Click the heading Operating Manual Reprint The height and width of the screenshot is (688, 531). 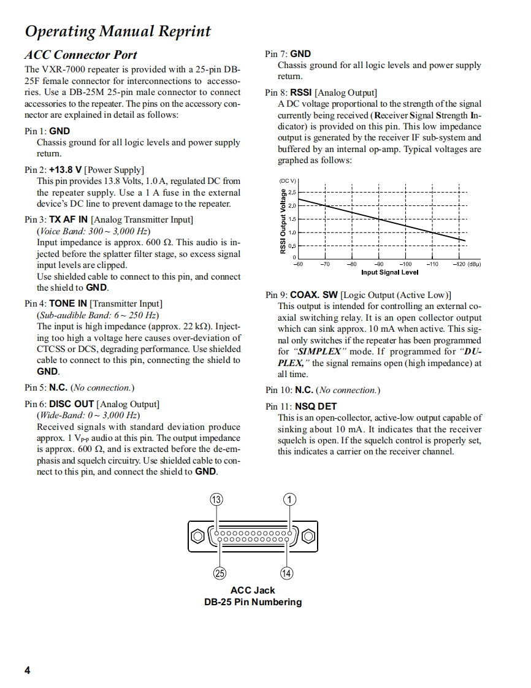(x=118, y=31)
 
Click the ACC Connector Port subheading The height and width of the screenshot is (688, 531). (x=80, y=55)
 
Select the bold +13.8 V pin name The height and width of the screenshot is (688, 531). (x=66, y=170)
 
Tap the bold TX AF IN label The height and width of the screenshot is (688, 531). (x=69, y=220)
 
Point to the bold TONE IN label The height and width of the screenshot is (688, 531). (x=68, y=304)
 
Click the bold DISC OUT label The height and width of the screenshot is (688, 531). (x=72, y=404)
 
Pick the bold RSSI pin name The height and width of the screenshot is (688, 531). (x=301, y=93)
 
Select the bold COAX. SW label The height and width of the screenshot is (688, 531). (x=313, y=295)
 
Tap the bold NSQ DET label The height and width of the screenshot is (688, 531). (x=316, y=406)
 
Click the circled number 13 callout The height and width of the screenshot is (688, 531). (x=216, y=499)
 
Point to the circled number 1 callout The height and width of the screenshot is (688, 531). (x=289, y=499)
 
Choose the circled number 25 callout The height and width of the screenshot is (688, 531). (x=220, y=573)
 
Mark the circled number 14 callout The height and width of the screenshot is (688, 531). (x=286, y=573)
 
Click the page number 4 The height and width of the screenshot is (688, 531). (x=27, y=670)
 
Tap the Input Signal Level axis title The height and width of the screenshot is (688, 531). (x=390, y=272)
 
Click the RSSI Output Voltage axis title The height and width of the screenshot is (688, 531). (x=283, y=221)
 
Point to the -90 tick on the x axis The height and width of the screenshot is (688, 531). (x=378, y=264)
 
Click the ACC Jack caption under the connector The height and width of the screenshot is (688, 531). (x=253, y=591)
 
